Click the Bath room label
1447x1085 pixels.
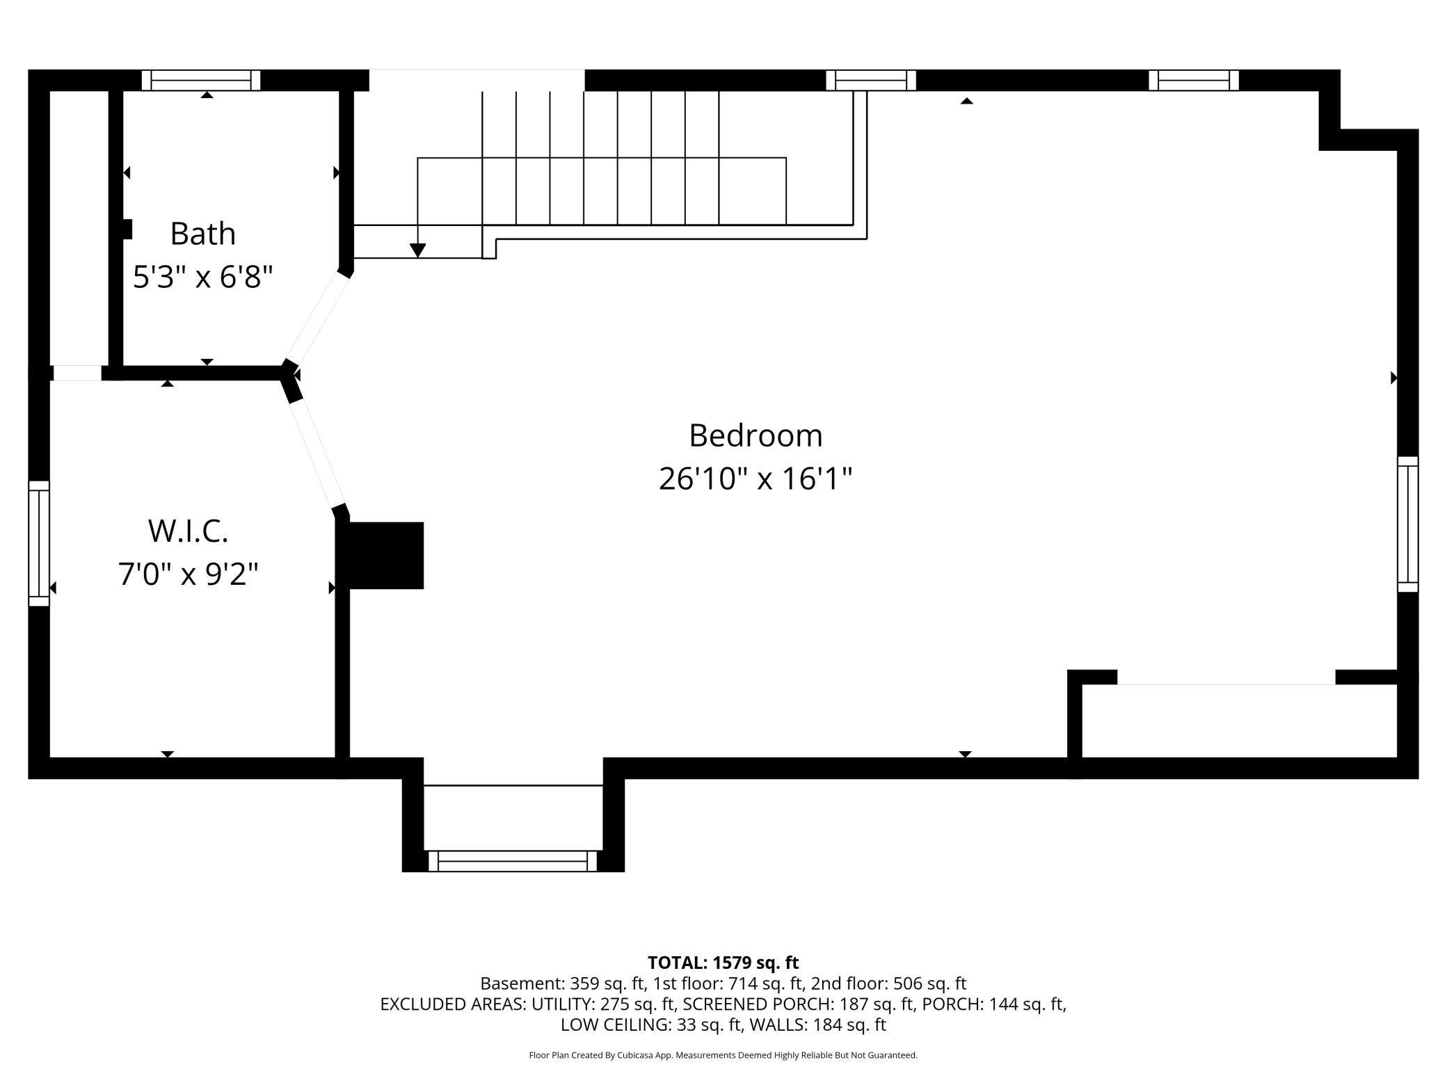(x=202, y=234)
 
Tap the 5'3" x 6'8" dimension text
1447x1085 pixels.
(x=202, y=277)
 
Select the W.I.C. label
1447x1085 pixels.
(x=188, y=531)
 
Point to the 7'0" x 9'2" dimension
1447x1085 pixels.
(x=188, y=574)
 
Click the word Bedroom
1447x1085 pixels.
(x=756, y=436)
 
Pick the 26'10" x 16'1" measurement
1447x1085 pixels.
(x=756, y=479)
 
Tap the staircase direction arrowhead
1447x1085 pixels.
(x=417, y=250)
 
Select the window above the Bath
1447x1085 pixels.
(x=201, y=80)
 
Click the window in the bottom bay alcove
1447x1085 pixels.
(x=513, y=860)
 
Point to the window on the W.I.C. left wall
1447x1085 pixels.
(x=39, y=542)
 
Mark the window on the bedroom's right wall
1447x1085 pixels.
(x=1407, y=524)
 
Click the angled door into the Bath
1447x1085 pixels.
(x=317, y=317)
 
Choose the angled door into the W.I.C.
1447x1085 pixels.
(x=317, y=452)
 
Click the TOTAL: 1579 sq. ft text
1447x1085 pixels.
(x=723, y=963)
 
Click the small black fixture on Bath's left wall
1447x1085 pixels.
(x=127, y=229)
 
